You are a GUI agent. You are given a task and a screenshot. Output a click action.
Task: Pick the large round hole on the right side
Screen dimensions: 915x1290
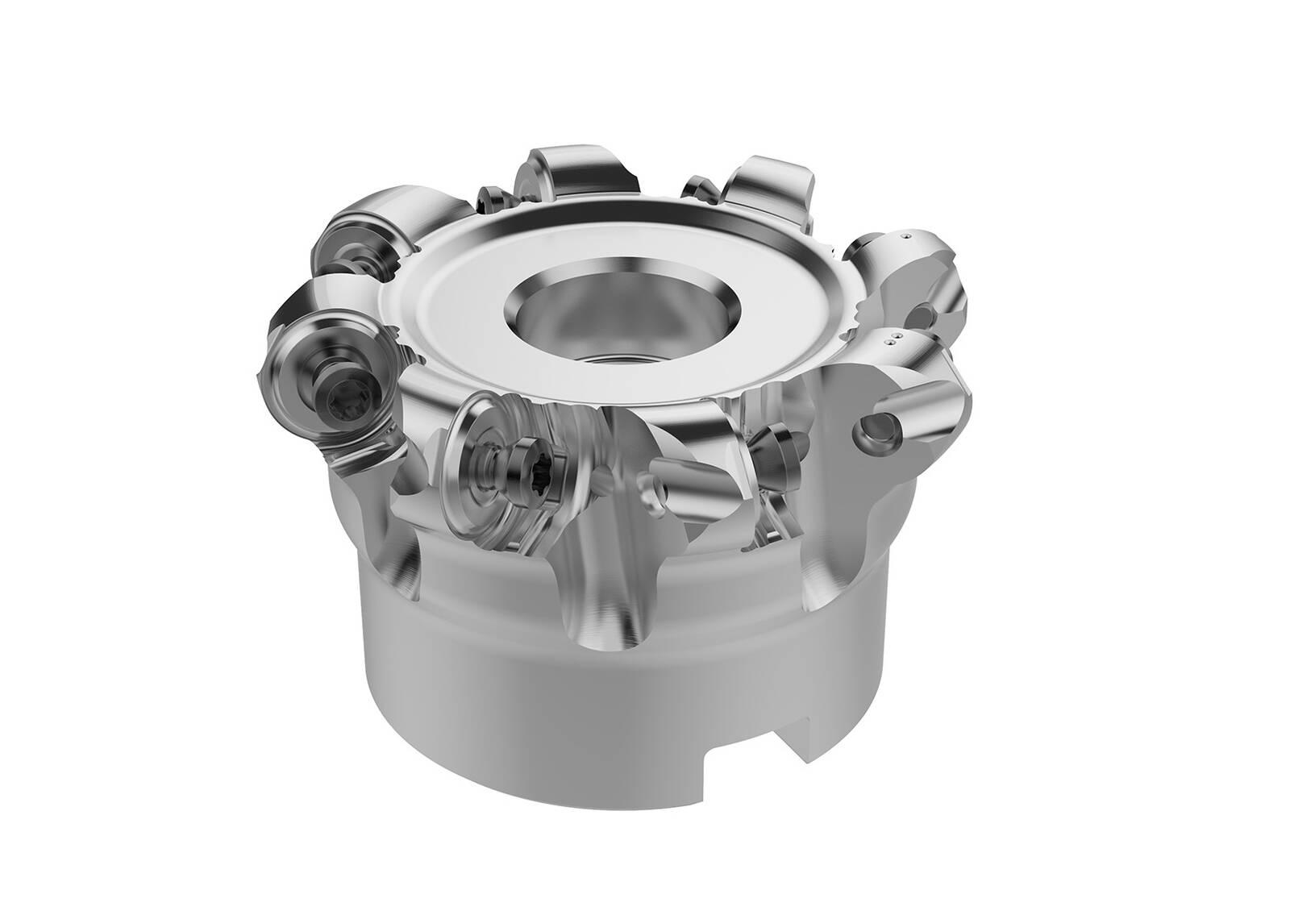tap(876, 436)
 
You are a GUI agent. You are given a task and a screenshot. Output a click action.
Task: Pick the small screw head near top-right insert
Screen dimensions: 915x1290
tap(700, 187)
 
